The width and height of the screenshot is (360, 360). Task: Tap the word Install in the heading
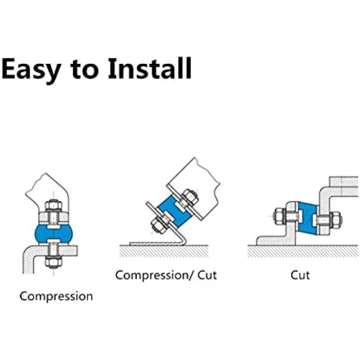click(x=150, y=68)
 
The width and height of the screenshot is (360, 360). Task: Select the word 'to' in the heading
click(x=84, y=69)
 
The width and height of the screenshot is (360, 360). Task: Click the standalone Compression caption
click(x=56, y=297)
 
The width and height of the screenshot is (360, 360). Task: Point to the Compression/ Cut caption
click(x=166, y=276)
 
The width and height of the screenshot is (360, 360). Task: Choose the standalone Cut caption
click(x=300, y=275)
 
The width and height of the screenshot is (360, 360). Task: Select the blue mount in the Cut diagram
click(x=308, y=217)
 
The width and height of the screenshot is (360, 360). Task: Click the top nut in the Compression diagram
click(x=53, y=205)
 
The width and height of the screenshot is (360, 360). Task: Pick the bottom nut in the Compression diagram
click(x=53, y=262)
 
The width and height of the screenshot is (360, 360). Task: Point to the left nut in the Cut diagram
click(x=280, y=216)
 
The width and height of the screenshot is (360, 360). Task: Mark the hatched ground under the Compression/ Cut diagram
click(x=164, y=251)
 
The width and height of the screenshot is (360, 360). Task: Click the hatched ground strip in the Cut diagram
click(x=303, y=251)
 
